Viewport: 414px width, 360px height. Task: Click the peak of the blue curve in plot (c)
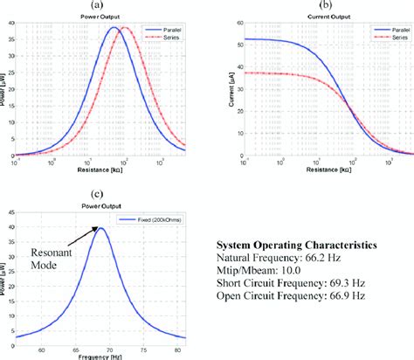point(101,228)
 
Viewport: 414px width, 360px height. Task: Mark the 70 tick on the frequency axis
point(110,349)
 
